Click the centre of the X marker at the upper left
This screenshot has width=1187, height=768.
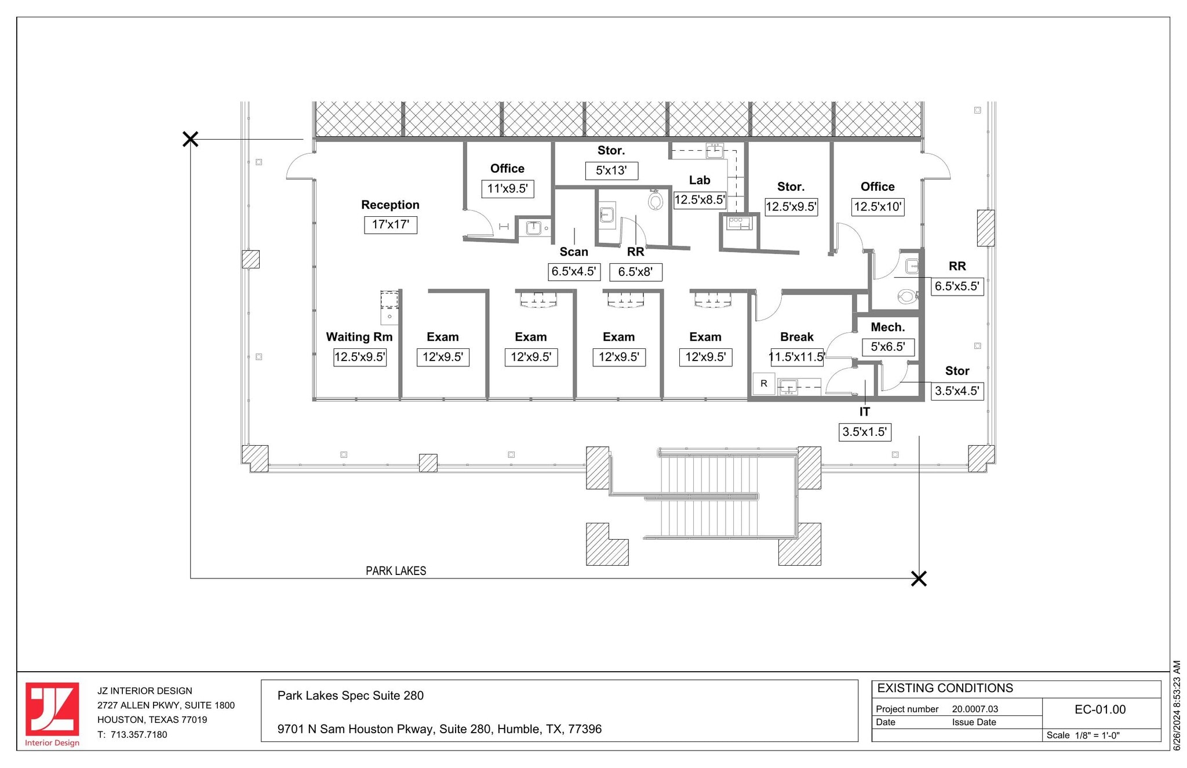point(190,139)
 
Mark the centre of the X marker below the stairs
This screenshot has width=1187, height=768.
point(919,578)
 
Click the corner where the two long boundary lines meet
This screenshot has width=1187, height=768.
point(191,578)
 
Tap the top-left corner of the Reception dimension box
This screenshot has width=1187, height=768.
point(365,216)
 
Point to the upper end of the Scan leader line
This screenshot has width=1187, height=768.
point(574,228)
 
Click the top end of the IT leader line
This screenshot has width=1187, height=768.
point(865,380)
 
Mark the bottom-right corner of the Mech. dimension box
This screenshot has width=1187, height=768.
point(915,356)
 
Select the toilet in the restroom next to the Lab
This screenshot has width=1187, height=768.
point(656,201)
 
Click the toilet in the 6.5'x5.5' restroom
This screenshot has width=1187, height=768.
point(906,297)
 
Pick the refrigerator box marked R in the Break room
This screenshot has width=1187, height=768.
point(764,384)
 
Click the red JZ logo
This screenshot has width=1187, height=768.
point(52,709)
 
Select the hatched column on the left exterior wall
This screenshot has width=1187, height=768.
point(251,259)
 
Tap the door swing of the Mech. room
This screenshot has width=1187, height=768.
point(840,344)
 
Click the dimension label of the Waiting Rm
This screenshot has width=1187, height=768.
point(360,357)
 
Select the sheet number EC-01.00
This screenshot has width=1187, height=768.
point(1100,709)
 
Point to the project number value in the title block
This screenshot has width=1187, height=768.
point(975,709)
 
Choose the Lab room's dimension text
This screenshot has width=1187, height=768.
point(700,200)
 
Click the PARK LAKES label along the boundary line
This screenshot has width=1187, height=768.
point(396,571)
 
